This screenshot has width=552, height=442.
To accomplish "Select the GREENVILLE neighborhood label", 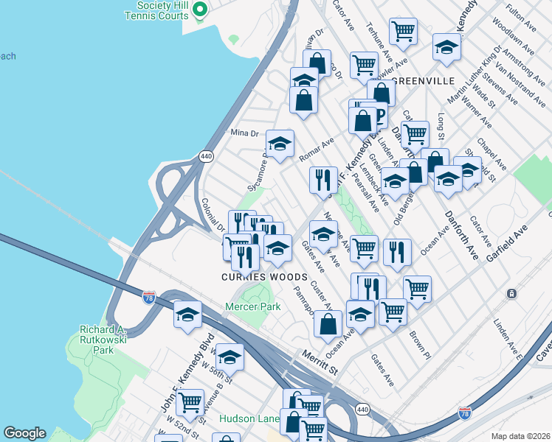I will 426,80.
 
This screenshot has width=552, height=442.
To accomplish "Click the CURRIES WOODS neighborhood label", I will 264,277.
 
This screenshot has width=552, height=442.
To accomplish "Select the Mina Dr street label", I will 244,133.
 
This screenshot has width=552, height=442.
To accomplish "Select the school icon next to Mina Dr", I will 280,144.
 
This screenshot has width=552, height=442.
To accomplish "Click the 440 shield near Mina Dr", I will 206,156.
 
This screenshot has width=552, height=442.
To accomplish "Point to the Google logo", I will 25,433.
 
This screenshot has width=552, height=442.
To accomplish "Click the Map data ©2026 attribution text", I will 521,436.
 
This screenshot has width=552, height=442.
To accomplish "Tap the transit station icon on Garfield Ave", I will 511,293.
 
